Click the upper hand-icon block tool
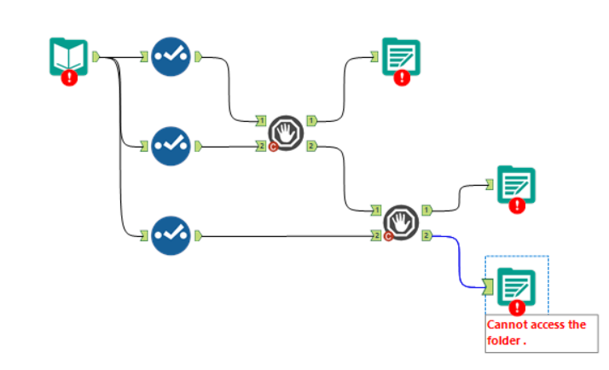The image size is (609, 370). pos(286,134)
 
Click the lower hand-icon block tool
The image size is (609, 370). pos(401,223)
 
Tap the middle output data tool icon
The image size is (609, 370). pos(515,184)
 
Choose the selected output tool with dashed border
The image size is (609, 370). pos(516,286)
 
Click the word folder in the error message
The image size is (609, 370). pos(505,340)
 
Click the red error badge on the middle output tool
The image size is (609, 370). pos(518,205)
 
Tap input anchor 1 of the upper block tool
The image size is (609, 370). pos(261,120)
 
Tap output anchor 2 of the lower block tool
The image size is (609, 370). pos(426,235)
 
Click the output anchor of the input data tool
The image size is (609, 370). pos(96,57)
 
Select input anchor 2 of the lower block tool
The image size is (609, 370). pos(376,235)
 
